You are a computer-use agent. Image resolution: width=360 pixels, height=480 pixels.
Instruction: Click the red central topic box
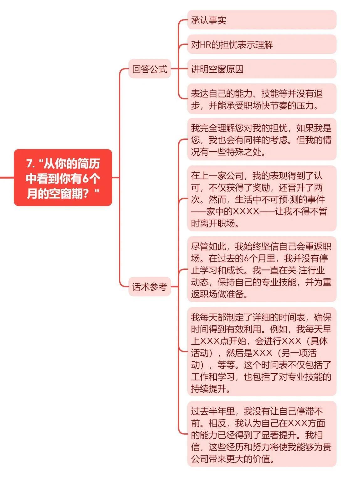coord(63,177)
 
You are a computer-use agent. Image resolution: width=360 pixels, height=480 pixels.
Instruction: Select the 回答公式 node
coord(149,69)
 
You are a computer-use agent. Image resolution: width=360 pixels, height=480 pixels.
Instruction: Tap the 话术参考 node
coord(149,286)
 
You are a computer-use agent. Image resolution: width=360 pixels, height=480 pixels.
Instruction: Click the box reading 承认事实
coord(262,20)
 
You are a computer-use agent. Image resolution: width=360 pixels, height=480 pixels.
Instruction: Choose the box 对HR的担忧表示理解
coord(262,44)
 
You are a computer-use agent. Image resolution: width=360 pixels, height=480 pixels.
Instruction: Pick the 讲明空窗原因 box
coord(262,69)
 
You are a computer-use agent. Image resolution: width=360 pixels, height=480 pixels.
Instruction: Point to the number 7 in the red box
coord(29,164)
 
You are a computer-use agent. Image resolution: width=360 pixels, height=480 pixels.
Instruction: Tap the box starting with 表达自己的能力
coord(262,99)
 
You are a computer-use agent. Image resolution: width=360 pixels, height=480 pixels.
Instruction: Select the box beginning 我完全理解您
coord(262,139)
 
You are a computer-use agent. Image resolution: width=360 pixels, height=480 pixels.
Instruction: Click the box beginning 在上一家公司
coord(262,199)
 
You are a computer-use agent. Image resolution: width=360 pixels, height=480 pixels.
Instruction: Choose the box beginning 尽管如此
coord(262,269)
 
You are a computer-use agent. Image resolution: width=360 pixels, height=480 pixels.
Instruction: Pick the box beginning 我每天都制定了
coord(262,352)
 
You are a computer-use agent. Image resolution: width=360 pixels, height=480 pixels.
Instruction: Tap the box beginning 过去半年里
coord(262,434)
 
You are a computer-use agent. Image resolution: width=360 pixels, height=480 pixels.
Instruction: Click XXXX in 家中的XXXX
coord(246,211)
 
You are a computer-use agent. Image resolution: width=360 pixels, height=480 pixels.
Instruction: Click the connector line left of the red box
coord(7,177)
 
